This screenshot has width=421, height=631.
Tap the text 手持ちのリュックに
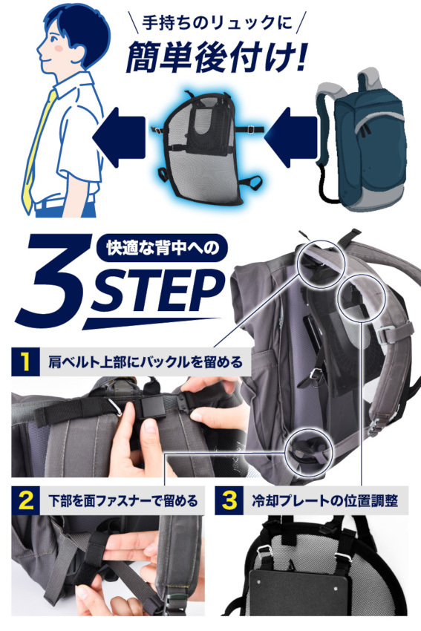(217, 23)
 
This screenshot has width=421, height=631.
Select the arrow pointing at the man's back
(119, 137)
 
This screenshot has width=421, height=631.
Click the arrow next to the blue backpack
(290, 137)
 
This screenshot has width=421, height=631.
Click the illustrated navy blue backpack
(360, 139)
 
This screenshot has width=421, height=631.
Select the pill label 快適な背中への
(163, 247)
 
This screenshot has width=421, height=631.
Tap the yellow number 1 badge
(25, 362)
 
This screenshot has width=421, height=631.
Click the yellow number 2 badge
(25, 500)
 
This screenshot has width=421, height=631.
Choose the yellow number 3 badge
(229, 500)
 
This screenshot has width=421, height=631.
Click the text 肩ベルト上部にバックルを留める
(146, 362)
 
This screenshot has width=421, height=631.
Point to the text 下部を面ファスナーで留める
(123, 501)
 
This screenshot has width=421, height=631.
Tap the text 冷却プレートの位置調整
(324, 501)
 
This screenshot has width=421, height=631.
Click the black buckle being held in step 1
(153, 408)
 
